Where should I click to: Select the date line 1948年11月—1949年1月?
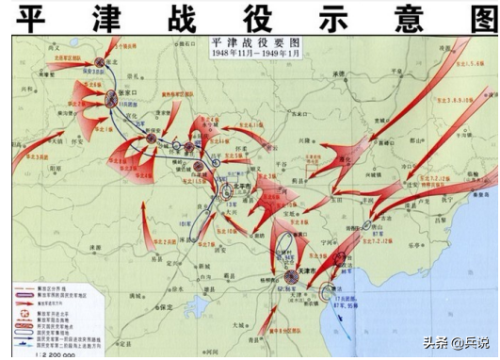pos(250,54)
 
